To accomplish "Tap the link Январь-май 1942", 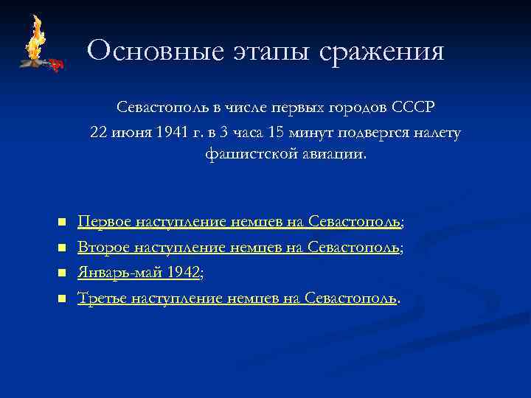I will pyautogui.click(x=139, y=272).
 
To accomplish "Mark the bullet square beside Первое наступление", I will pyautogui.click(x=61, y=222).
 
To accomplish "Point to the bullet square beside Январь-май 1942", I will pyautogui.click(x=61, y=273).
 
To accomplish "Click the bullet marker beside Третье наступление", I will pyautogui.click(x=61, y=298).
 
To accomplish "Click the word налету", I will pyautogui.click(x=438, y=132).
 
